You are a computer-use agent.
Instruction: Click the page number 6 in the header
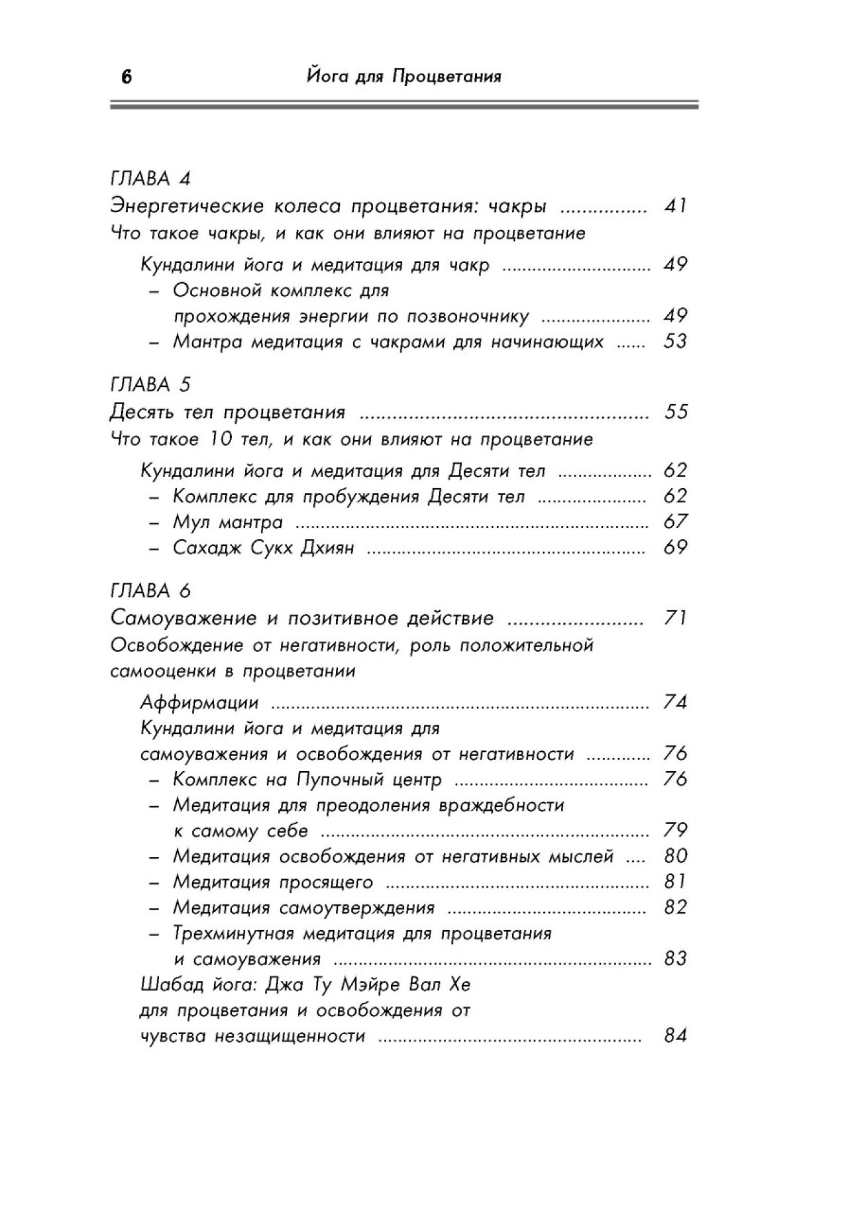[127, 78]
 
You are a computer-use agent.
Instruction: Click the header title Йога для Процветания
[404, 77]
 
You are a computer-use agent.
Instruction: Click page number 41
[675, 206]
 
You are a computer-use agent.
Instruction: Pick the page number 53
[675, 342]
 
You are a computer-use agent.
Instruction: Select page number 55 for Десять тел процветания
[675, 412]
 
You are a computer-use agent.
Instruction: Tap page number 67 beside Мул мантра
[675, 522]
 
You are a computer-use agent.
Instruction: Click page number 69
[675, 548]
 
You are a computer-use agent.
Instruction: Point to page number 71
[675, 618]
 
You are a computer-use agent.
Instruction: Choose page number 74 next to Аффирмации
[675, 702]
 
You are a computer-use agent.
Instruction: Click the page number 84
[675, 1035]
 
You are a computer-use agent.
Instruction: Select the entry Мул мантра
[227, 522]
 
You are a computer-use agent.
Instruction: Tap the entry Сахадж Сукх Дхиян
[263, 548]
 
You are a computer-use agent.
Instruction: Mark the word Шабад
[168, 984]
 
